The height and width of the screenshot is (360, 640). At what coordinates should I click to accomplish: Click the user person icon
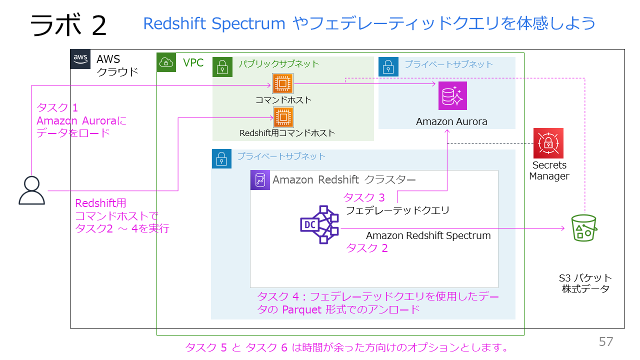click(31, 190)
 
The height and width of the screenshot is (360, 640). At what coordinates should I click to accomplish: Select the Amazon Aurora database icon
click(452, 95)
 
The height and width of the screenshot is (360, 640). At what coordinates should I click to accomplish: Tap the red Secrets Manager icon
click(548, 143)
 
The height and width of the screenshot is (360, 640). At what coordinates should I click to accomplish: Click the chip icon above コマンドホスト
click(282, 83)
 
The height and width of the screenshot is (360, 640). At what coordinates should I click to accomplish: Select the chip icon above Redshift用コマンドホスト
click(283, 117)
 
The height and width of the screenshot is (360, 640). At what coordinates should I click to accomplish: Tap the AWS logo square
click(80, 59)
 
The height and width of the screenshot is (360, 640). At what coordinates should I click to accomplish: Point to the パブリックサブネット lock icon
click(222, 66)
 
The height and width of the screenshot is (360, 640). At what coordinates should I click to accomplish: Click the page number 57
click(606, 342)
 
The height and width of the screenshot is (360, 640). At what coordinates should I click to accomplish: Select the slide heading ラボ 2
click(68, 25)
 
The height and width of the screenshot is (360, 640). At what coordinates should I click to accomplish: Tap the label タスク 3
click(364, 198)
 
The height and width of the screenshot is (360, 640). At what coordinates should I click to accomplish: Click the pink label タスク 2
click(367, 248)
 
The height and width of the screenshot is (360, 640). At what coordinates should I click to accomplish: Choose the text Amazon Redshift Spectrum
click(428, 235)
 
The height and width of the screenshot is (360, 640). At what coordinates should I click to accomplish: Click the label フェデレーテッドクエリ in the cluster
click(397, 210)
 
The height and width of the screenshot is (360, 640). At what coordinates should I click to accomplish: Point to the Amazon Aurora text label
click(451, 121)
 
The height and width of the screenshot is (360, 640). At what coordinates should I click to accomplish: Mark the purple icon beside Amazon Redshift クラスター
click(260, 180)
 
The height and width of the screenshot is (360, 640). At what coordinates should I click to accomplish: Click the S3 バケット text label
click(585, 278)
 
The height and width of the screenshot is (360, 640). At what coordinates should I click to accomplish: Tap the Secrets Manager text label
click(549, 170)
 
